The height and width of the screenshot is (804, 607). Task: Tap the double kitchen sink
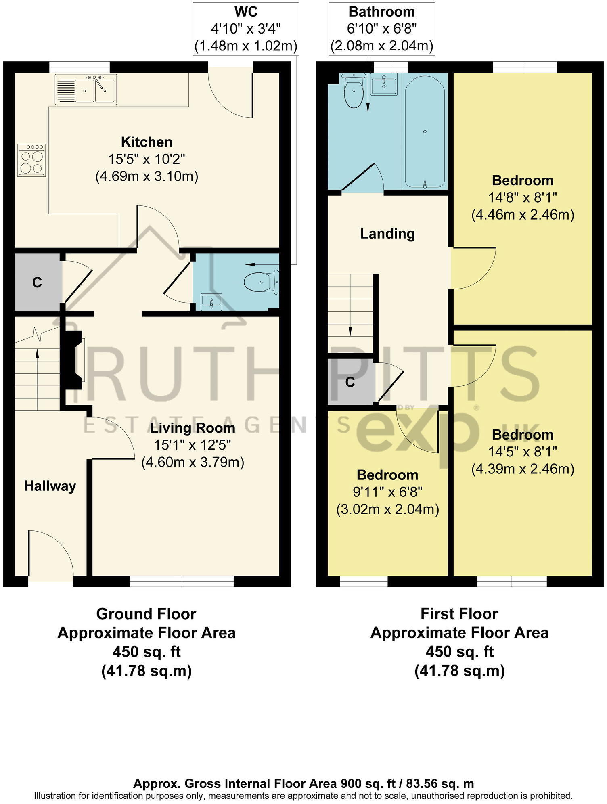(86, 89)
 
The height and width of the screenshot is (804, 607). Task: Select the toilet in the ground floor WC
(261, 282)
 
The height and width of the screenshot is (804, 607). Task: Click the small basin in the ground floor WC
(211, 302)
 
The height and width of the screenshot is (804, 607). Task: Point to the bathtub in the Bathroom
(425, 132)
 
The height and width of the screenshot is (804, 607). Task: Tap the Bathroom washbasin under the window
(383, 84)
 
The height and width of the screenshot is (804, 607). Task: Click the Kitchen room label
(147, 142)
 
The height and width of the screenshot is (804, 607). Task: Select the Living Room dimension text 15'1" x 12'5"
(192, 445)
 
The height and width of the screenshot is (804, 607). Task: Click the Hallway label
(50, 486)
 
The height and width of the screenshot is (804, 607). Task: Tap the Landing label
(387, 234)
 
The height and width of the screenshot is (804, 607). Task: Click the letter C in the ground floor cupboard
(37, 283)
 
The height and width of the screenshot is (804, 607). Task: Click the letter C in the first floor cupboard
(350, 382)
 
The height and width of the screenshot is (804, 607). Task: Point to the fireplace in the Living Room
(74, 360)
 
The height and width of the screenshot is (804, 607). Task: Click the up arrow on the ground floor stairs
(37, 354)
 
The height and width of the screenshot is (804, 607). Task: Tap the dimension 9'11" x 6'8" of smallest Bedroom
(387, 492)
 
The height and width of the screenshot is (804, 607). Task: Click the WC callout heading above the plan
(246, 12)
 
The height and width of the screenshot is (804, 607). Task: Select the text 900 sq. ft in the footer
(368, 783)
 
